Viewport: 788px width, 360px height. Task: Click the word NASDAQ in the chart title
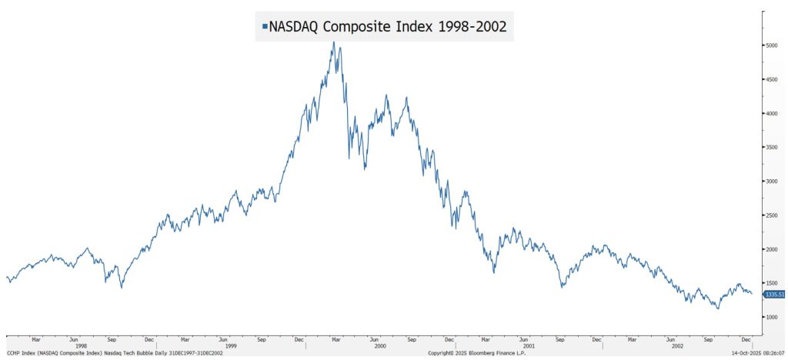(x=294, y=25)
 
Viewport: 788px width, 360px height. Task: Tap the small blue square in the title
(x=265, y=26)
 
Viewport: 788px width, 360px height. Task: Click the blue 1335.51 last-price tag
(x=773, y=295)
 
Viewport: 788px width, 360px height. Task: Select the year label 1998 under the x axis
(x=81, y=346)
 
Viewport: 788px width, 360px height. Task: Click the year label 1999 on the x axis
(x=230, y=346)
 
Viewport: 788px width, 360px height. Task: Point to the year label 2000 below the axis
(x=379, y=346)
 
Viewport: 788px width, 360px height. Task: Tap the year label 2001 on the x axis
(x=529, y=346)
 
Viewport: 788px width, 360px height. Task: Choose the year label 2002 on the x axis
(x=678, y=346)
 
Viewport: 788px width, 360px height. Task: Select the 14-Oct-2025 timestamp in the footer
(x=757, y=353)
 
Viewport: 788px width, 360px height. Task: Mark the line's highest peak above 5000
(x=333, y=42)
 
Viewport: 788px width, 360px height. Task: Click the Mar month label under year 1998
(x=35, y=338)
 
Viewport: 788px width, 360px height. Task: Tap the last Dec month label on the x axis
(x=746, y=338)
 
